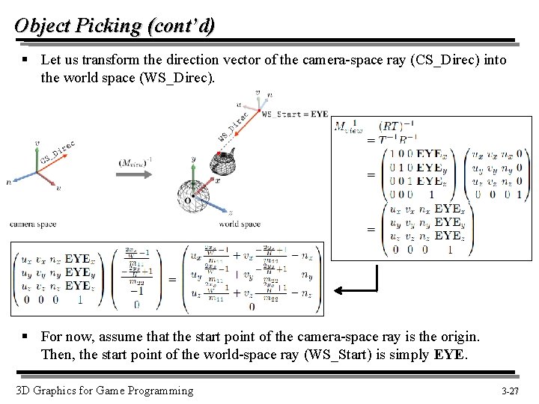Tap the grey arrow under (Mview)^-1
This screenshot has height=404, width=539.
pos(135,174)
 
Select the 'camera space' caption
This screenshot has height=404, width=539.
pos(32,224)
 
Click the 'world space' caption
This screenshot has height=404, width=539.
pos(240,224)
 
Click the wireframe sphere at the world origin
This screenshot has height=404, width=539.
pos(193,194)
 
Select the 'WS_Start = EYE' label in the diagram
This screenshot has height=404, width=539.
pos(295,114)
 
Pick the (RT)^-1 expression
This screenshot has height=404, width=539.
pos(392,126)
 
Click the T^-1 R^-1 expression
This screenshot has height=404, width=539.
pos(398,139)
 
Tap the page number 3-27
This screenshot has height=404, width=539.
pos(511,391)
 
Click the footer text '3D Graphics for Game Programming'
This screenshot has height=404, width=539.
pos(104,391)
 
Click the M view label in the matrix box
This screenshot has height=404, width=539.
pos(347,126)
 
